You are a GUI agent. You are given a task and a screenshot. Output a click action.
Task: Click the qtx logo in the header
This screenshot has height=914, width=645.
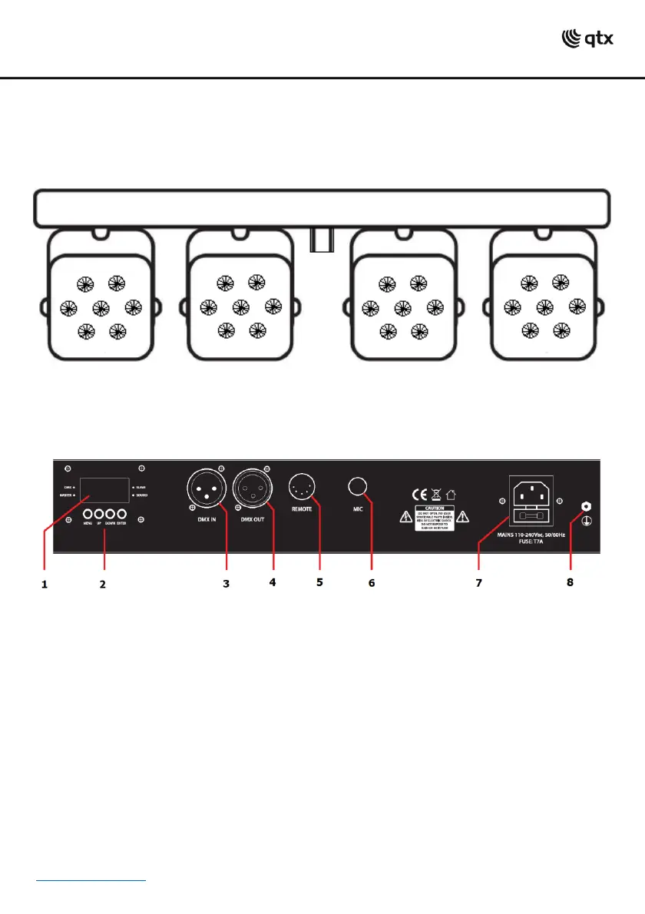(588, 38)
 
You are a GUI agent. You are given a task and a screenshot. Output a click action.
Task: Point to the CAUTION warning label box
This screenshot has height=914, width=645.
(435, 518)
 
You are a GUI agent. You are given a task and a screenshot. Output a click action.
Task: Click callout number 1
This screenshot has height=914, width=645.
(45, 584)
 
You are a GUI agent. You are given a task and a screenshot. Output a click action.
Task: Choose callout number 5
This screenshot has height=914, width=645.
(319, 582)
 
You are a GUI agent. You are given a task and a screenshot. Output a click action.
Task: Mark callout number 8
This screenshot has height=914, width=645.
(569, 582)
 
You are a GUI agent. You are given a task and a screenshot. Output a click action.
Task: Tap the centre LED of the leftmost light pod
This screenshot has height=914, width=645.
(98, 308)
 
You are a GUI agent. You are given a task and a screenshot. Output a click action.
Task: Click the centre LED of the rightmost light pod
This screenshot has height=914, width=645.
(544, 308)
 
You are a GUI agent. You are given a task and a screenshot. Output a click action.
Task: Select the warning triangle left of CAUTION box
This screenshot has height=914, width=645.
(402, 517)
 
